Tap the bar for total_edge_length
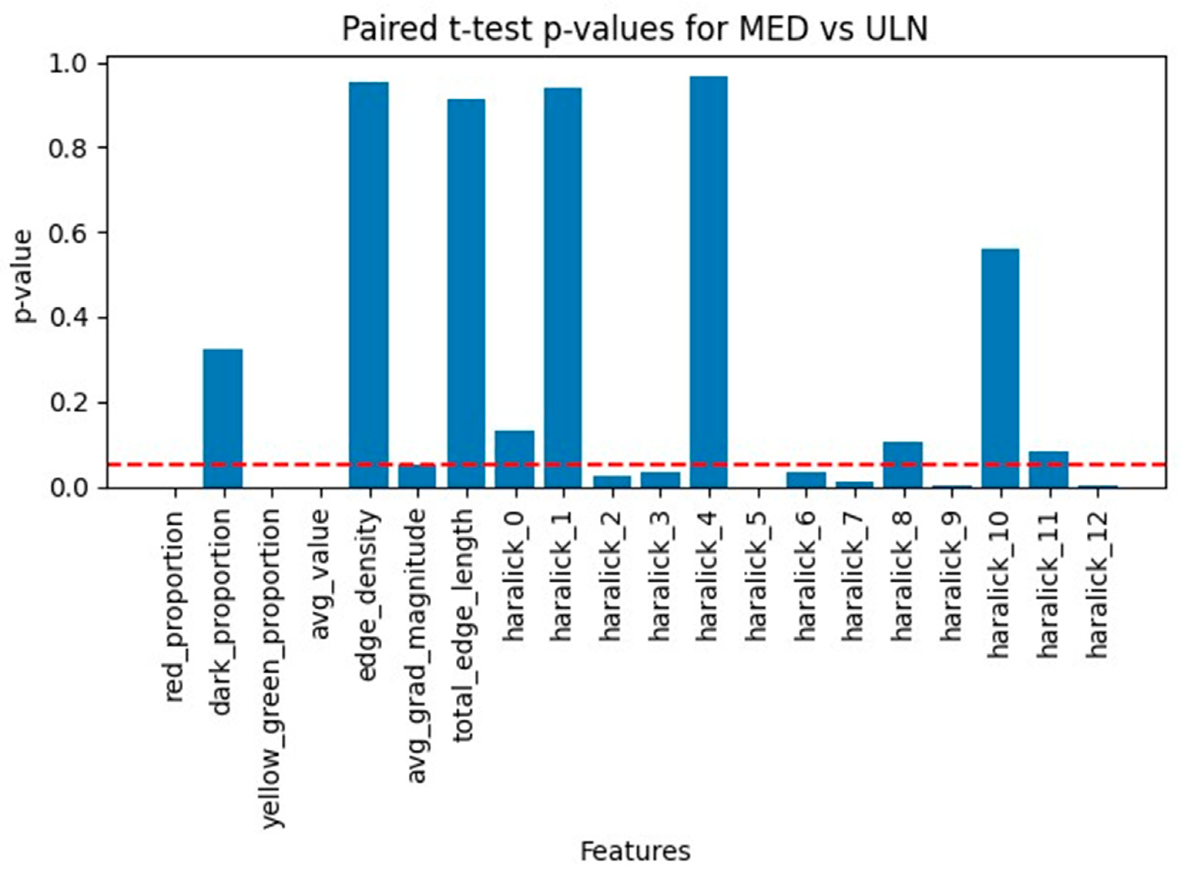pyautogui.click(x=466, y=293)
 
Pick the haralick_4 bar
pyautogui.click(x=709, y=282)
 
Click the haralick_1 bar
pyautogui.click(x=563, y=288)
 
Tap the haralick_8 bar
pyautogui.click(x=903, y=465)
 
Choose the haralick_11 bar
pyautogui.click(x=1048, y=469)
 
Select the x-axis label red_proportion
pyautogui.click(x=174, y=607)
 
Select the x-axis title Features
pyautogui.click(x=635, y=851)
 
